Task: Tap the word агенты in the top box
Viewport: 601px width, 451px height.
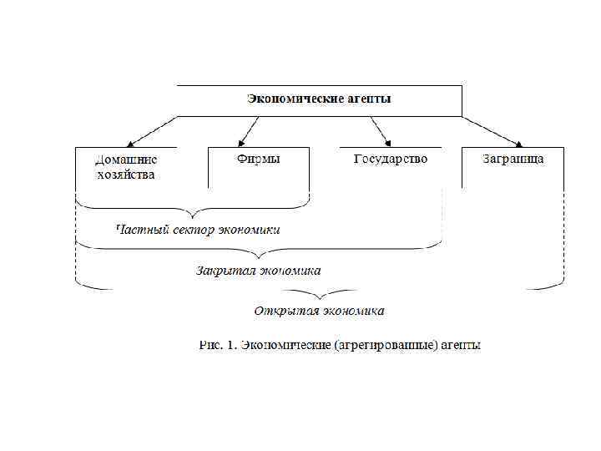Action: (x=367, y=99)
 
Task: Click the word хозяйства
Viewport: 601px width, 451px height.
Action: (x=125, y=175)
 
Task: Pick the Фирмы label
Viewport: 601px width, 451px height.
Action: (x=258, y=159)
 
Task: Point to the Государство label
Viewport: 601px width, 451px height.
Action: (x=391, y=159)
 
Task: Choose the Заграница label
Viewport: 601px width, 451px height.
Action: (x=513, y=159)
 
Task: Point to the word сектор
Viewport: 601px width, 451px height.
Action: (x=191, y=229)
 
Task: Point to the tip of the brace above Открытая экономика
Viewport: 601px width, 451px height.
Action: (x=320, y=297)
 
